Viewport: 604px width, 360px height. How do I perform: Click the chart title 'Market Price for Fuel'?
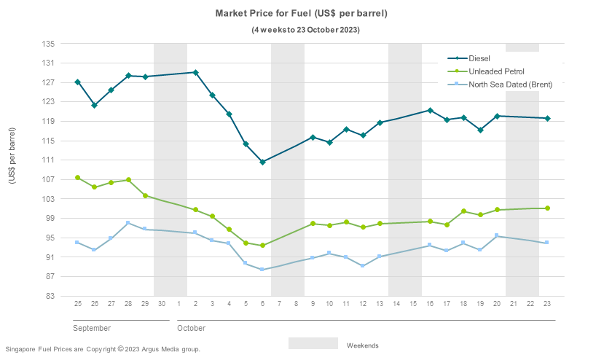(301, 14)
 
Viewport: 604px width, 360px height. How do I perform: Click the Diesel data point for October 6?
(262, 162)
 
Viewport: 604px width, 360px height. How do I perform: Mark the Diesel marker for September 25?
(77, 82)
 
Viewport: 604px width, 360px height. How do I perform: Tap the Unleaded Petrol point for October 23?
(547, 208)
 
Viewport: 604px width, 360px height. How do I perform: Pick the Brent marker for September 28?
(128, 223)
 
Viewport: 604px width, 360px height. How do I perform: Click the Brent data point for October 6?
(262, 270)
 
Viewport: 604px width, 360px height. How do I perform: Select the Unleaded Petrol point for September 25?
(77, 178)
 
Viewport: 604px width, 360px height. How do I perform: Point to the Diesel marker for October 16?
(430, 110)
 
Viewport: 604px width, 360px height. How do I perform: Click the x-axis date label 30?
(162, 303)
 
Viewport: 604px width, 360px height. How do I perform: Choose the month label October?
(191, 329)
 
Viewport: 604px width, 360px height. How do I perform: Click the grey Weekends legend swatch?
(313, 343)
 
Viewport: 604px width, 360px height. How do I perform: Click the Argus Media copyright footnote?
(103, 349)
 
